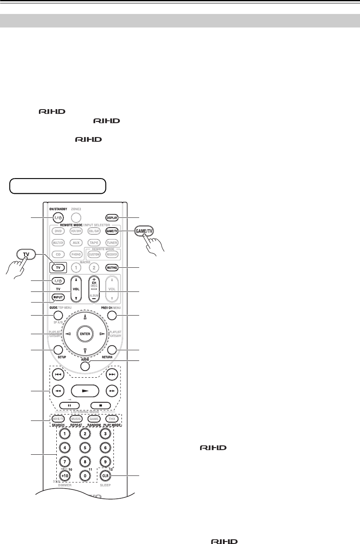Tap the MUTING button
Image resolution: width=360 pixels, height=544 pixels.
pyautogui.click(x=112, y=268)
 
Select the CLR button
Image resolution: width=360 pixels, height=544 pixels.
pyautogui.click(x=106, y=475)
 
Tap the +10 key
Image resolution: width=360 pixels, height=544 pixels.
pyautogui.click(x=65, y=475)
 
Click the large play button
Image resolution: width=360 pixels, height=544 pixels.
pyautogui.click(x=85, y=390)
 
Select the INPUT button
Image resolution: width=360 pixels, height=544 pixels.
pyautogui.click(x=58, y=297)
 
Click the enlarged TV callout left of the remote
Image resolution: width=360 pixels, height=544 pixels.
pyautogui.click(x=26, y=255)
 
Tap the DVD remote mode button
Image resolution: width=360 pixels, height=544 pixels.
pyautogui.click(x=58, y=231)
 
